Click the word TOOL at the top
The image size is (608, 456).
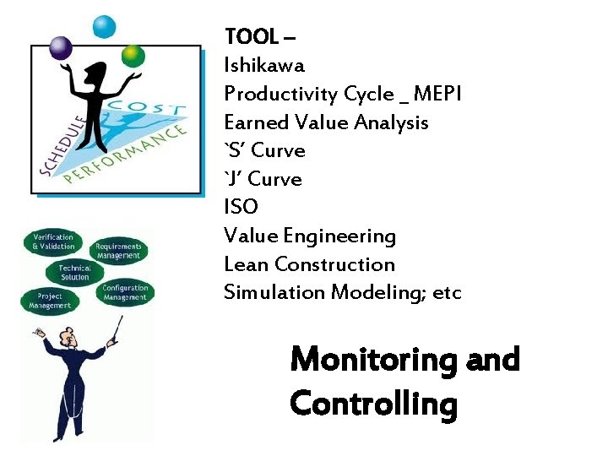pyautogui.click(x=251, y=36)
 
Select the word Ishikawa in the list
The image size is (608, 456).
pyautogui.click(x=264, y=65)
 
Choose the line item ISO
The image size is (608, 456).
pyautogui.click(x=241, y=207)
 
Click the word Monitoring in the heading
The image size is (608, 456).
pyautogui.click(x=372, y=361)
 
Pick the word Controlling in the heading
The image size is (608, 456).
pyautogui.click(x=373, y=404)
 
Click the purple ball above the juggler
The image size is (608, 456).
pyautogui.click(x=61, y=48)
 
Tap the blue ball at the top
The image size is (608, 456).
pyautogui.click(x=105, y=27)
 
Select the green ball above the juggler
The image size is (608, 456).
pyautogui.click(x=133, y=56)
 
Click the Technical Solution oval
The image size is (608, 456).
pyautogui.click(x=75, y=273)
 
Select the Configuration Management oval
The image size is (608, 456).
pyautogui.click(x=125, y=292)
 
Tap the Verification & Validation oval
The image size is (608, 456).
pyautogui.click(x=53, y=242)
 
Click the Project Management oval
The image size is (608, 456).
pyautogui.click(x=50, y=301)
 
